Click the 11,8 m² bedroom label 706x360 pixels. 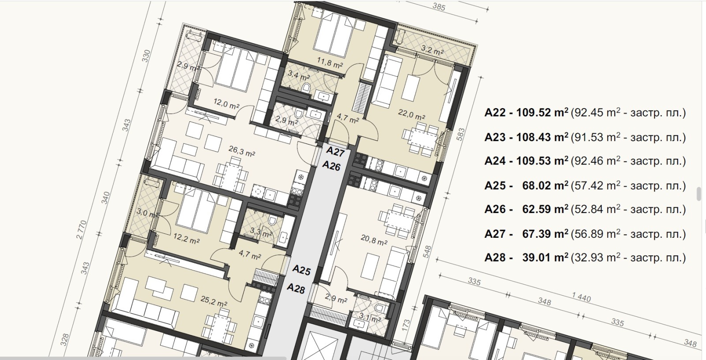tap(329, 63)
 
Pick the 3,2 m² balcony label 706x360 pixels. tap(432, 50)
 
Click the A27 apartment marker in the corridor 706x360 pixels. tap(335, 152)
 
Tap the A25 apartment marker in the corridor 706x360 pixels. tap(302, 270)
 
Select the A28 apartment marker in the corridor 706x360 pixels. tap(296, 288)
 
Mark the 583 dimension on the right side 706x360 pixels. tap(461, 134)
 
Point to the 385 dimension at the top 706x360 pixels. tap(439, 7)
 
